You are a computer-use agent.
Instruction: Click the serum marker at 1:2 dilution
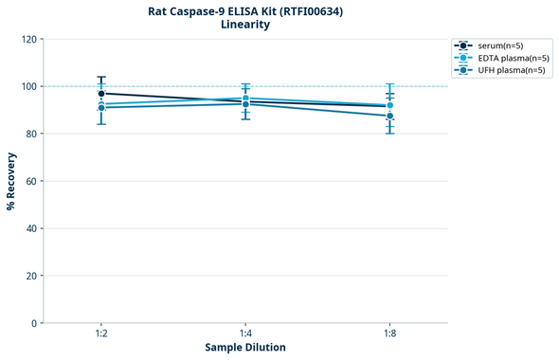tap(101, 94)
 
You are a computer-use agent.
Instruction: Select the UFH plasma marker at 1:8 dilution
tap(389, 117)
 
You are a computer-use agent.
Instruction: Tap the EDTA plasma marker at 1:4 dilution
tap(245, 99)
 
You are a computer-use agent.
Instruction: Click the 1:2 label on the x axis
tap(101, 334)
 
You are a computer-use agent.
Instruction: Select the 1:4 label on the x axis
tap(245, 334)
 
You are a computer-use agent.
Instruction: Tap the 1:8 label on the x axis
tap(389, 334)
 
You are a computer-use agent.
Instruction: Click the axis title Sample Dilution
tap(245, 348)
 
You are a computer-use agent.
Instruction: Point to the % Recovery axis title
tap(11, 181)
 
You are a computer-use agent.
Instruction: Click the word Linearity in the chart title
tap(245, 25)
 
